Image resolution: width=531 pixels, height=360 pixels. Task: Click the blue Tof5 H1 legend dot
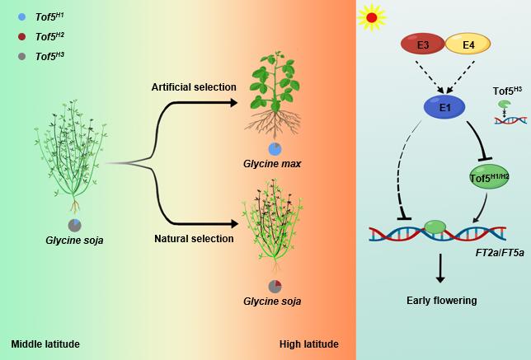[x=21, y=16]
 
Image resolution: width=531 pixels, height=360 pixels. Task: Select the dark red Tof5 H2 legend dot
[x=21, y=35]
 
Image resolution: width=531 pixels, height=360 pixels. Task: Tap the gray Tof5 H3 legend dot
[x=21, y=56]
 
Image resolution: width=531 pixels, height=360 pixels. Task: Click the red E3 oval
[x=423, y=44]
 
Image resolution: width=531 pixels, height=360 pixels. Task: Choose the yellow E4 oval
[x=468, y=44]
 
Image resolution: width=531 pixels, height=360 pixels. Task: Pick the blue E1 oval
[x=444, y=105]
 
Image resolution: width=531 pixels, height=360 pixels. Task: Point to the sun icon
[x=372, y=16]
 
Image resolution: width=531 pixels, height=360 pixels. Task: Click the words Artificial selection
[x=194, y=87]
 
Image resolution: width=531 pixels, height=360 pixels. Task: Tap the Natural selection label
[x=194, y=239]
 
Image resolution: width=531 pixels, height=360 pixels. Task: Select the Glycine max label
[x=272, y=164]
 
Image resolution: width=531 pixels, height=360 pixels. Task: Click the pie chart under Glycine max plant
[x=275, y=148]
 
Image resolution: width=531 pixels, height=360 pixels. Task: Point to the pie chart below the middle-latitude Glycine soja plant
[x=75, y=224]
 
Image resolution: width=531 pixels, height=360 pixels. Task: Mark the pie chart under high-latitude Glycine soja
[x=275, y=286]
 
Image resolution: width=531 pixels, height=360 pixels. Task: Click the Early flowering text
[x=442, y=301]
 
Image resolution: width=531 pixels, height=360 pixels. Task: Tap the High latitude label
[x=308, y=344]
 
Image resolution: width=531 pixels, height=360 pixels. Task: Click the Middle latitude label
[x=45, y=344]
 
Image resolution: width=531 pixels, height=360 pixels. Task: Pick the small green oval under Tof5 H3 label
[x=504, y=104]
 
